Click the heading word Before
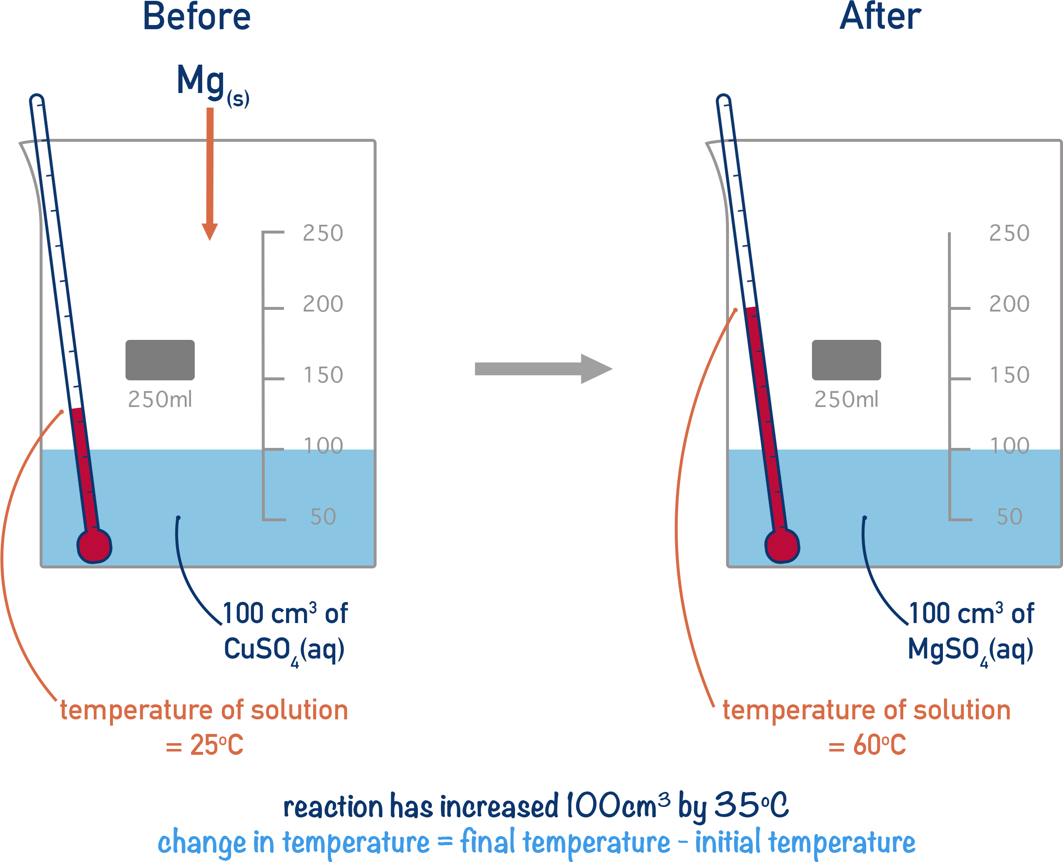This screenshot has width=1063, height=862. (196, 16)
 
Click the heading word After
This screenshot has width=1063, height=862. (880, 16)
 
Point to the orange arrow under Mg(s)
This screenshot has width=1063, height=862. (210, 174)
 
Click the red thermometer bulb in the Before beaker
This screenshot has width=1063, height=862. (94, 546)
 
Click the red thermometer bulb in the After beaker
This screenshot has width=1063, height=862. (782, 546)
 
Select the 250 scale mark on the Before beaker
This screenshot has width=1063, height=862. (323, 233)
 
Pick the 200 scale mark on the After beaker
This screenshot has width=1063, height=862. (1010, 304)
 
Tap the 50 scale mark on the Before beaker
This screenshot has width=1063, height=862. (323, 517)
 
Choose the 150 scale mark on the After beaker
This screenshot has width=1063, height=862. (1010, 375)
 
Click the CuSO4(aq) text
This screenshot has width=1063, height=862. (284, 649)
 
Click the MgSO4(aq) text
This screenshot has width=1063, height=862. (971, 649)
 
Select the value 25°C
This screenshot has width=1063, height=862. (217, 744)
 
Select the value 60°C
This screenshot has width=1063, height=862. (879, 744)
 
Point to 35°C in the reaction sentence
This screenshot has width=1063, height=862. (751, 805)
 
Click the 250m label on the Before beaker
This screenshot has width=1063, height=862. (159, 399)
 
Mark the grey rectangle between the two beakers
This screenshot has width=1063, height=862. (544, 368)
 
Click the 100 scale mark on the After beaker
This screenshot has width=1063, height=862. (1010, 445)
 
